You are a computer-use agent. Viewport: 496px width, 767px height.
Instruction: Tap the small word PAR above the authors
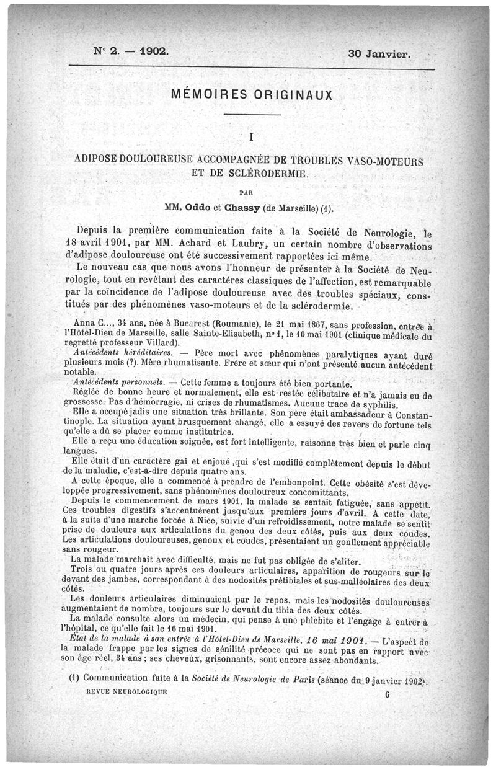(249, 189)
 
